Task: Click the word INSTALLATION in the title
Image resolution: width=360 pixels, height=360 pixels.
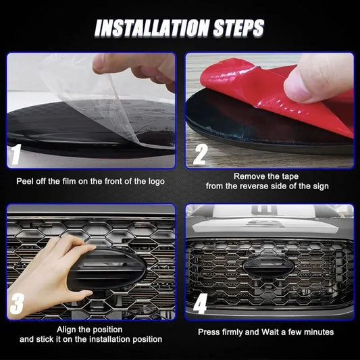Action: (152, 28)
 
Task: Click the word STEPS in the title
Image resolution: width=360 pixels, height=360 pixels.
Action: (239, 28)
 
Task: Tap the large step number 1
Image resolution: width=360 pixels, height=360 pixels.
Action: (16, 154)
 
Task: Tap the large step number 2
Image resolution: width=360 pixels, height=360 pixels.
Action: (200, 154)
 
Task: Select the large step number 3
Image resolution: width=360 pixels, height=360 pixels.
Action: (17, 303)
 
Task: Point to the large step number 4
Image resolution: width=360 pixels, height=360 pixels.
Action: (200, 303)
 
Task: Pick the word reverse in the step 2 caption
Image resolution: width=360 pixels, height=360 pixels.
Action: (255, 186)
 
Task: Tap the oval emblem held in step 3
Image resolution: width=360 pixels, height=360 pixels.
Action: (108, 269)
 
